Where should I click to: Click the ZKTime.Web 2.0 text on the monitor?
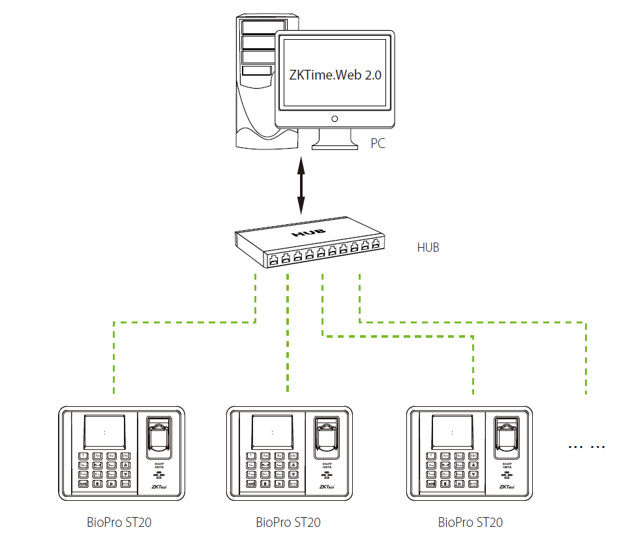(335, 74)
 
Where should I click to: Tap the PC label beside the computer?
(378, 143)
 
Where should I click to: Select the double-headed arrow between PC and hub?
(301, 185)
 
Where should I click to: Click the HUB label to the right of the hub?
(428, 247)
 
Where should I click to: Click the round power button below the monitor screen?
(335, 119)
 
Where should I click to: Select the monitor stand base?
(335, 146)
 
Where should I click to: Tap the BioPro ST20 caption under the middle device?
(288, 522)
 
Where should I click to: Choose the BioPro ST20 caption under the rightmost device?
(470, 522)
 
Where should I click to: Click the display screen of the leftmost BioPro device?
(104, 432)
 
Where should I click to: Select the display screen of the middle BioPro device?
(272, 432)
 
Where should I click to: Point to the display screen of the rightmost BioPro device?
(453, 432)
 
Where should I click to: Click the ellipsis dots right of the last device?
(587, 447)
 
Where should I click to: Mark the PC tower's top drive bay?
(258, 27)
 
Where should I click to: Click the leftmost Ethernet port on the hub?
(274, 259)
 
